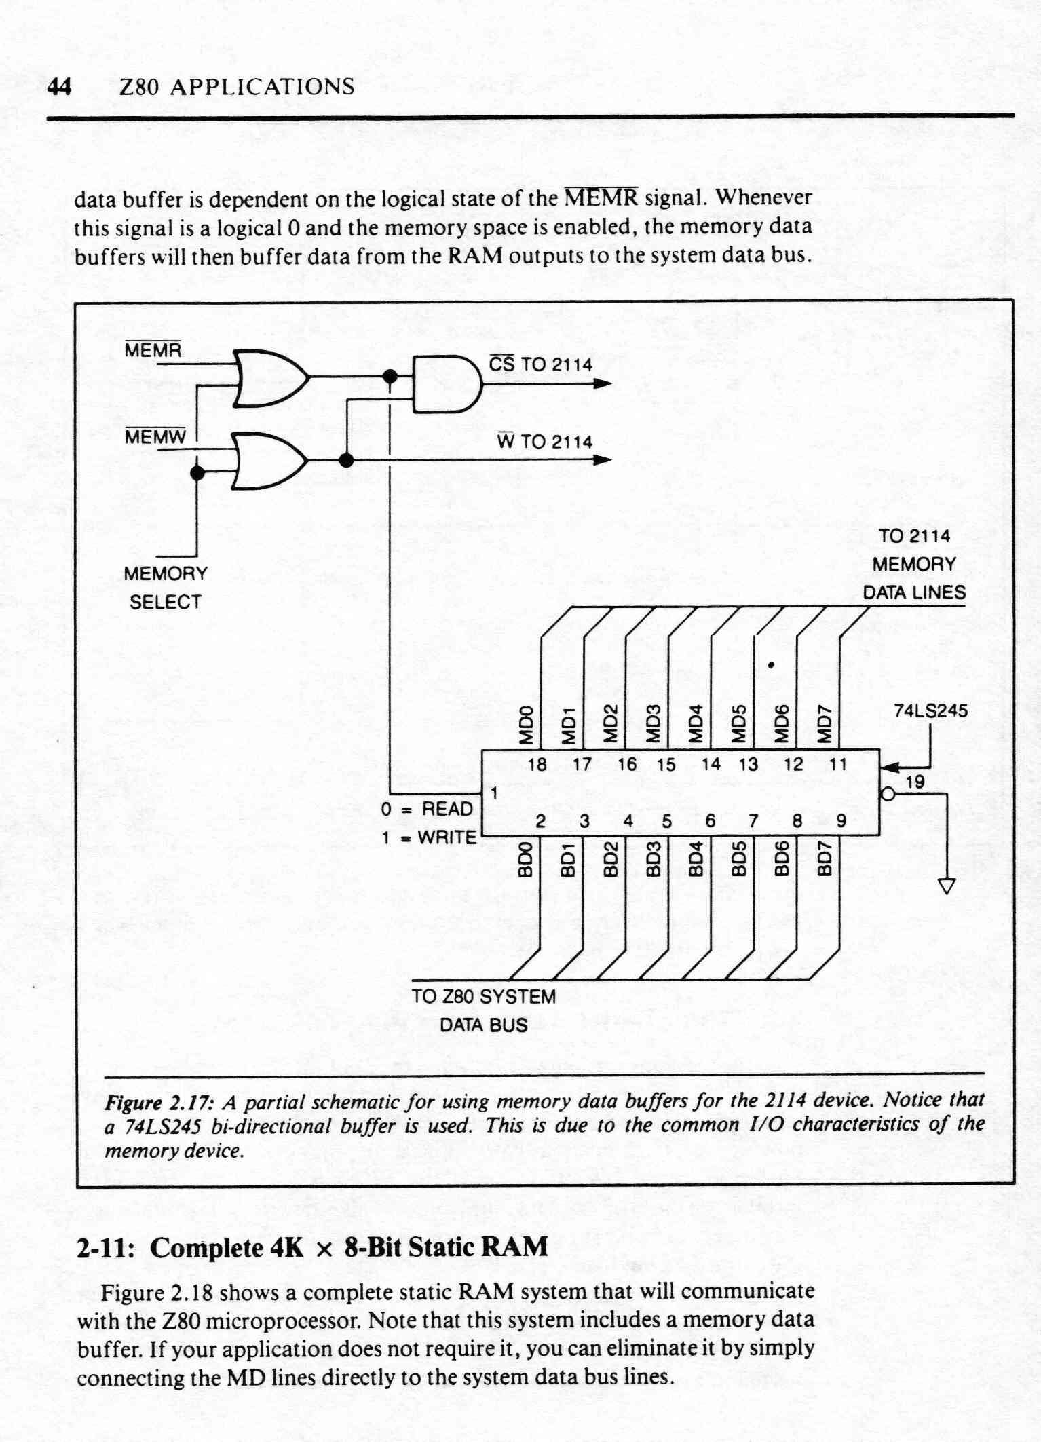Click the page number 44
tap(59, 87)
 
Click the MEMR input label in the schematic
tap(153, 350)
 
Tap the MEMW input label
tap(155, 437)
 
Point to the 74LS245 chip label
tap(930, 711)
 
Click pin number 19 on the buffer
tap(915, 782)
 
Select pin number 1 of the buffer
tap(495, 793)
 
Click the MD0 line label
tap(526, 725)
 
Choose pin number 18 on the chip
tap(537, 765)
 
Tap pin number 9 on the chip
tap(841, 821)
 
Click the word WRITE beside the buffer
tap(447, 837)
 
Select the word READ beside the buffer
tap(447, 809)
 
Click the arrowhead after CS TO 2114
tap(603, 383)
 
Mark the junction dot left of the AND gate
tap(390, 376)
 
